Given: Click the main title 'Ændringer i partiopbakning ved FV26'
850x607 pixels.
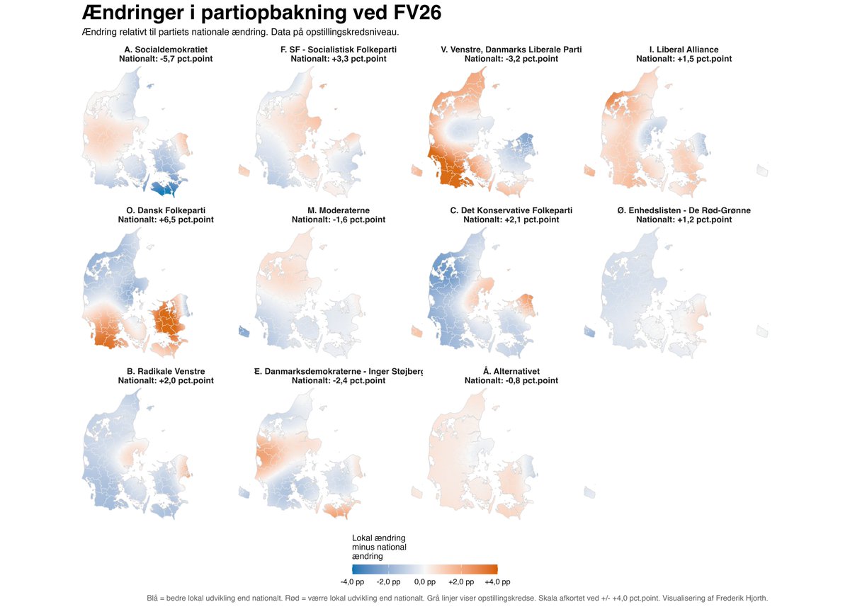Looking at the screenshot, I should (262, 13).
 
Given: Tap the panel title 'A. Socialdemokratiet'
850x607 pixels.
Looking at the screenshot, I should (166, 50).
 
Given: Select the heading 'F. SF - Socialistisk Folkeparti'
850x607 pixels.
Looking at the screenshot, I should (339, 50).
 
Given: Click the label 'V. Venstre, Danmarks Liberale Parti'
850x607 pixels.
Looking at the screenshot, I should (511, 50).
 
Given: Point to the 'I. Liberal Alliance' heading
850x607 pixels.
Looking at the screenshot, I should (684, 50).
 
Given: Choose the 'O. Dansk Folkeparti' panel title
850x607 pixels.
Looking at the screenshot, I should (166, 210).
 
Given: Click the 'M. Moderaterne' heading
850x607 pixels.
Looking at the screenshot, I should (339, 210).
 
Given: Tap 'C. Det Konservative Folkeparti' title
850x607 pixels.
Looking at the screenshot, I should (511, 210).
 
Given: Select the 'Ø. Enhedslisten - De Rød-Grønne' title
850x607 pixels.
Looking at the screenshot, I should (684, 210).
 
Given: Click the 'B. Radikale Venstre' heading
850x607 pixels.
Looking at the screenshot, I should (166, 371).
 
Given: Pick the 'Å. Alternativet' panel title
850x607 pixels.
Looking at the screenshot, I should (511, 371).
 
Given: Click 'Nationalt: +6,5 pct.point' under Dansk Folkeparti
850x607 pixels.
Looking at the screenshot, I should (166, 220).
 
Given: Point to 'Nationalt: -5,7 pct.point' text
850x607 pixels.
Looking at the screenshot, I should (166, 59).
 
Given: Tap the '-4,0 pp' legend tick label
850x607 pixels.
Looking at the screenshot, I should (352, 582).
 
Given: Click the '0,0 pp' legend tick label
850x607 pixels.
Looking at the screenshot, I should (425, 582).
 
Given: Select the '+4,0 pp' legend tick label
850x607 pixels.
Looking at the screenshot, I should (497, 582).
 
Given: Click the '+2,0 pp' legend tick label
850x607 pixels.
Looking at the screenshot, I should (461, 582).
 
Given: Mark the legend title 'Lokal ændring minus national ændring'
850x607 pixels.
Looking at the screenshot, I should (379, 547).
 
